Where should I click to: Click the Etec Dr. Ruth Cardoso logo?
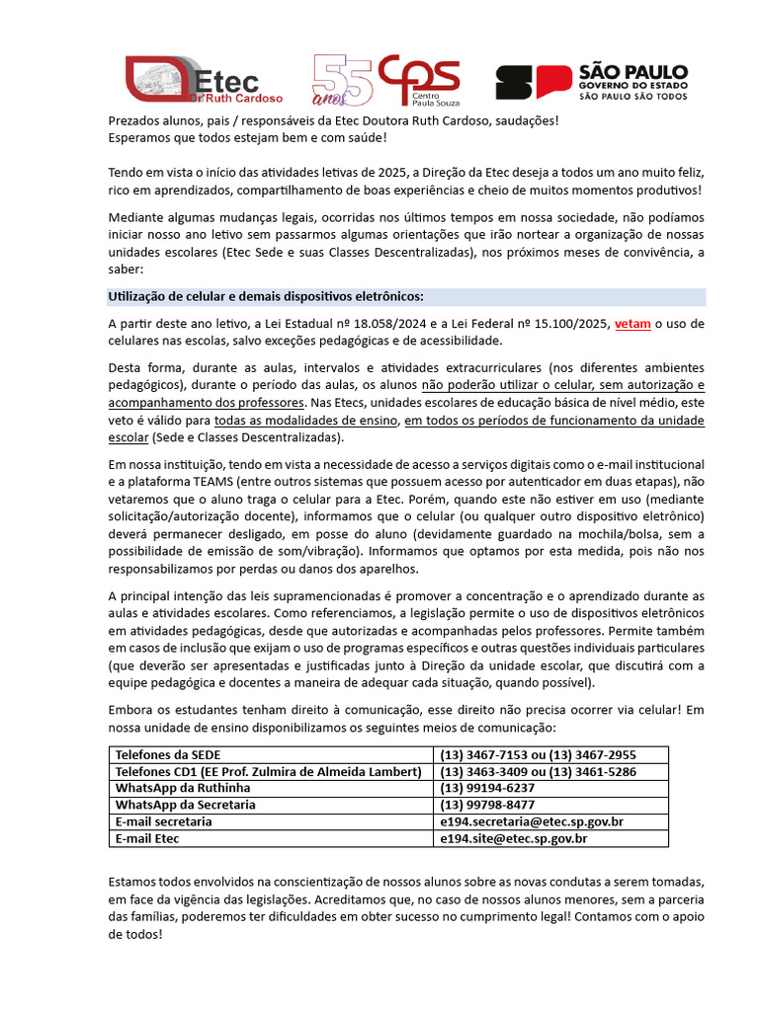pyautogui.click(x=204, y=80)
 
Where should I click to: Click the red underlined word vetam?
pyautogui.click(x=632, y=323)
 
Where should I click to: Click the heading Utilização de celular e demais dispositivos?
pyautogui.click(x=266, y=296)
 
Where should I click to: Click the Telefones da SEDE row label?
pyautogui.click(x=161, y=755)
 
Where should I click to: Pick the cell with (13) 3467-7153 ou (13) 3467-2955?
pyautogui.click(x=538, y=755)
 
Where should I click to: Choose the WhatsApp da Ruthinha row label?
pyautogui.click(x=183, y=789)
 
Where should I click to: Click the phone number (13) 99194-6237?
pyautogui.click(x=487, y=789)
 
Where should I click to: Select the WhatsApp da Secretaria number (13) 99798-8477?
pyautogui.click(x=487, y=806)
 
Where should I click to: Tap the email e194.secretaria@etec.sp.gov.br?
pyautogui.click(x=531, y=822)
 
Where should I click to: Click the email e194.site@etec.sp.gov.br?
pyautogui.click(x=514, y=839)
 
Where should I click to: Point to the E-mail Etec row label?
pyautogui.click(x=148, y=839)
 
